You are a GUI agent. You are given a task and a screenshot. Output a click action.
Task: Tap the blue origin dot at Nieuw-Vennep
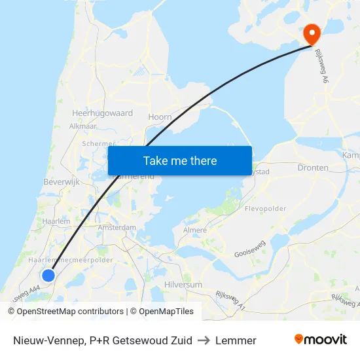48,276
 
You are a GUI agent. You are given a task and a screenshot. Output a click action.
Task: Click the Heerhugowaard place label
102,113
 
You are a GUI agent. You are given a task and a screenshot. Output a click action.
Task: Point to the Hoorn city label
160,117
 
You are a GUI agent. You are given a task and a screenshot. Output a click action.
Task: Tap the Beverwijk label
61,181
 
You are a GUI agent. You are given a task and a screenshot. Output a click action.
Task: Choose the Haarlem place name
56,222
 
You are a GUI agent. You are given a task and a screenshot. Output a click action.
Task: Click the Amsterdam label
117,228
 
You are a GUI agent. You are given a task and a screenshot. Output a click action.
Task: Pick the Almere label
195,230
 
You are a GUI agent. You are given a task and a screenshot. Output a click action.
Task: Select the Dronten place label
313,168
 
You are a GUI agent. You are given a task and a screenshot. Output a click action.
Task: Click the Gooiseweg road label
250,249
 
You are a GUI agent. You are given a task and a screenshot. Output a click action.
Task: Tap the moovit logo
320,340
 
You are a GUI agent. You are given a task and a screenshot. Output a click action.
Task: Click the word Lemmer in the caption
236,340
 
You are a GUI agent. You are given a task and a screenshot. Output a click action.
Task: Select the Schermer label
99,144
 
